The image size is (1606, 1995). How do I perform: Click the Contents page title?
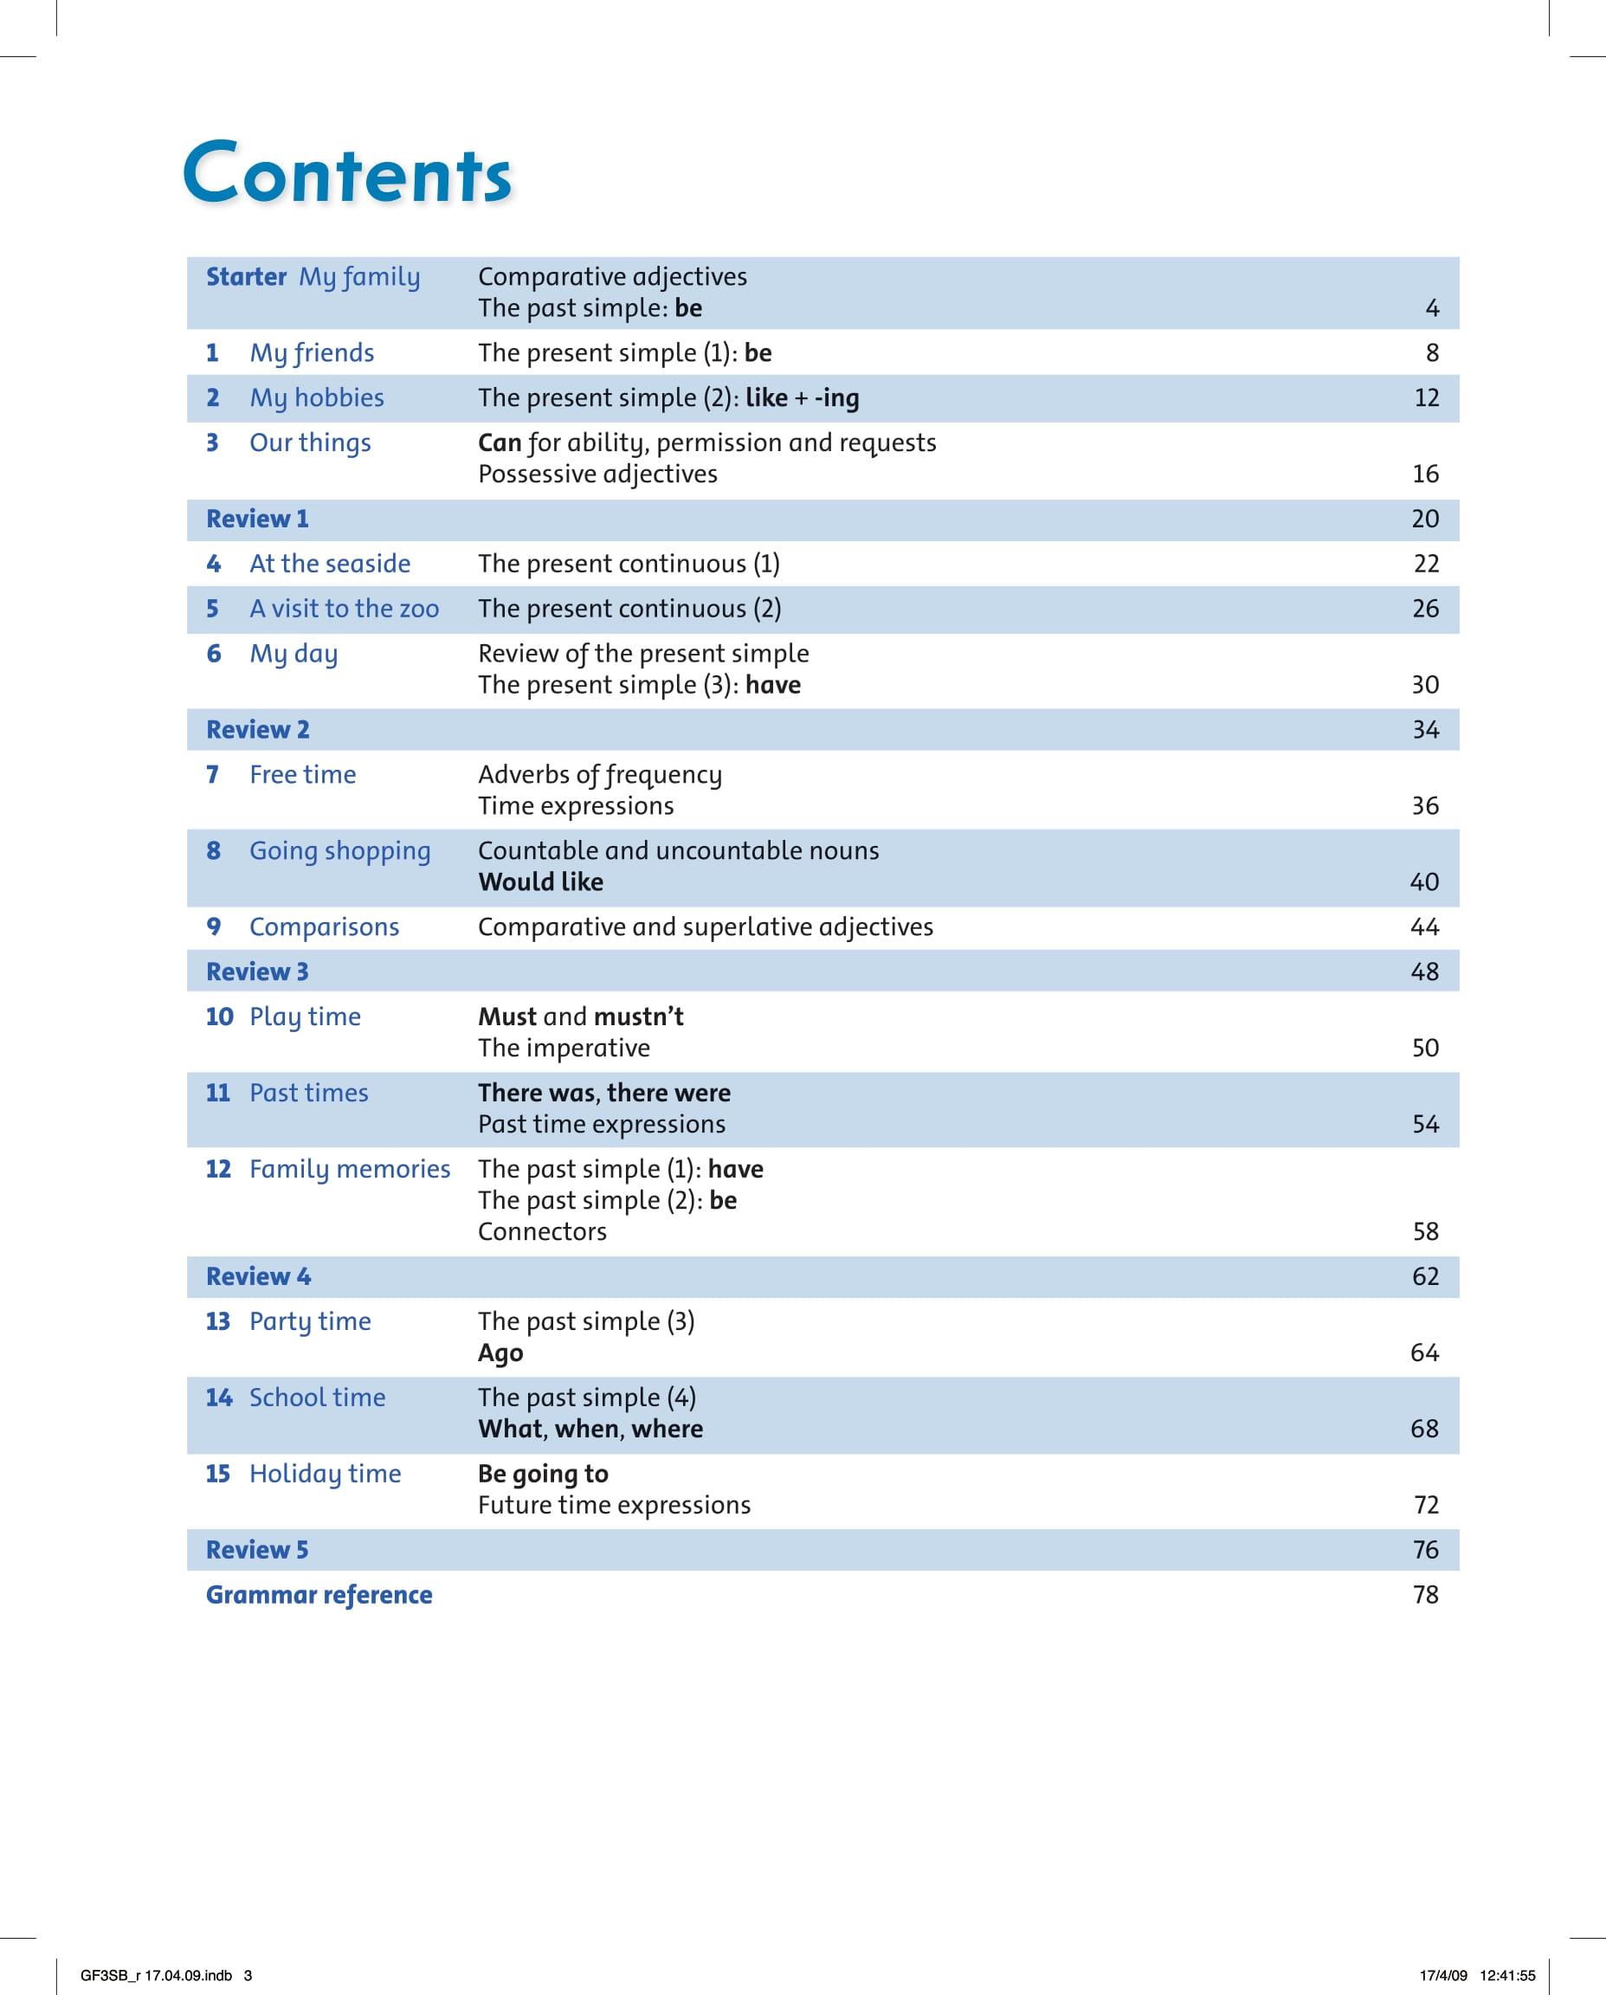tap(347, 173)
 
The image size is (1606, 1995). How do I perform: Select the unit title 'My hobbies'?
tap(316, 398)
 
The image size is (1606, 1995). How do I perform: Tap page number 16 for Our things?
tap(1425, 474)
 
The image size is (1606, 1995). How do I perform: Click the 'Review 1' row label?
tap(257, 520)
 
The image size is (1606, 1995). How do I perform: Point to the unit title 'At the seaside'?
tap(329, 564)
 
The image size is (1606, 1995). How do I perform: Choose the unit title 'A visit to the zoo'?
tap(345, 609)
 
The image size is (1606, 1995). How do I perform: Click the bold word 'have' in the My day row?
tap(772, 685)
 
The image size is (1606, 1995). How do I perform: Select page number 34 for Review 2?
tap(1425, 730)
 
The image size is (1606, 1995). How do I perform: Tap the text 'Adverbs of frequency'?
tap(599, 774)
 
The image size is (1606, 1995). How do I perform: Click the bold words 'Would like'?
tap(540, 881)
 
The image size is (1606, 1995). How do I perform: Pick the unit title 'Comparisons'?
tap(324, 927)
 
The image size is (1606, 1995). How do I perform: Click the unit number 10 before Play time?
tap(219, 1017)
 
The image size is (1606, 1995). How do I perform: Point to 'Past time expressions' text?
tap(602, 1124)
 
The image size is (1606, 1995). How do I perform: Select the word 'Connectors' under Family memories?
tap(542, 1231)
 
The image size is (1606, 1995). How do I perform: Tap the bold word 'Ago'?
tap(500, 1353)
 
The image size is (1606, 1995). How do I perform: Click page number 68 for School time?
tap(1423, 1429)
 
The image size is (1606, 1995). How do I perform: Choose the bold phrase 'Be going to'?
tap(543, 1474)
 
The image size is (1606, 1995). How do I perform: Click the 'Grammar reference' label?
tap(319, 1595)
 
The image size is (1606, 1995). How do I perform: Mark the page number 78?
tap(1425, 1595)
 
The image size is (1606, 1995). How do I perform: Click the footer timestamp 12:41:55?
tap(1507, 1968)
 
